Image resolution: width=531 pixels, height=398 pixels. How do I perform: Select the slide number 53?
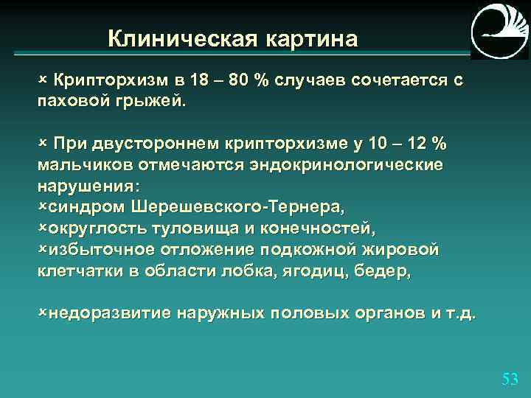[510, 380]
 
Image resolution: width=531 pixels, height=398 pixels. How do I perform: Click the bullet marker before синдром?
[42, 203]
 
